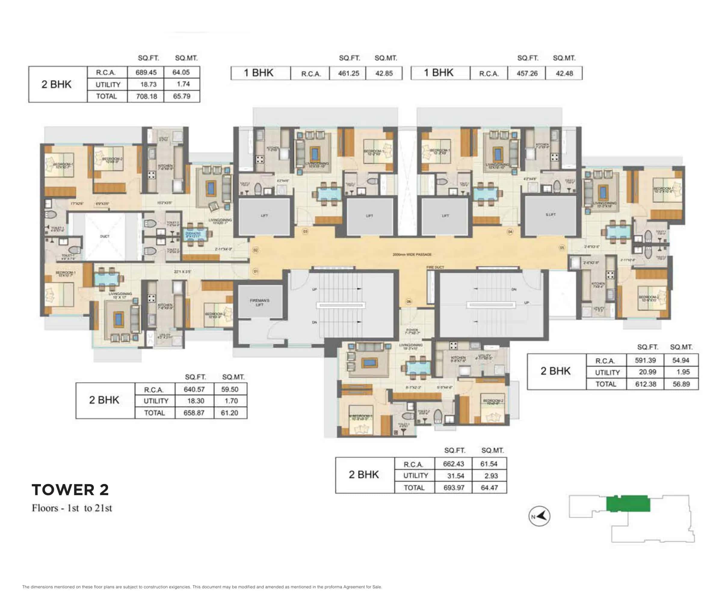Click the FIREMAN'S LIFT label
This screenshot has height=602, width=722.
[260, 303]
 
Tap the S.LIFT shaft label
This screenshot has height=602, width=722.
[551, 215]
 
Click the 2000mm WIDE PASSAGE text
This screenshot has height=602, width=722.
[412, 255]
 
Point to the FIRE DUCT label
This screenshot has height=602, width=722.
[435, 267]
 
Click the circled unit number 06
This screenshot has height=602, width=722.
[409, 301]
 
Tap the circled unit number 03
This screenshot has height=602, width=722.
[305, 231]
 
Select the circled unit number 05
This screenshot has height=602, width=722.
[562, 248]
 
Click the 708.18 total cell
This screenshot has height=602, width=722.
[147, 96]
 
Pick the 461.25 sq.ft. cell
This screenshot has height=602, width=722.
[348, 73]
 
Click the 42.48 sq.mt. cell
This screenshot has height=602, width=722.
[564, 73]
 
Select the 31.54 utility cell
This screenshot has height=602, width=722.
[455, 476]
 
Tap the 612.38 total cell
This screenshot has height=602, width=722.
[645, 384]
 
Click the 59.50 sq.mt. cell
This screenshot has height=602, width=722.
[230, 389]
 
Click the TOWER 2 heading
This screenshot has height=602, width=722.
[70, 489]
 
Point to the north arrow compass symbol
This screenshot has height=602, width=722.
[539, 516]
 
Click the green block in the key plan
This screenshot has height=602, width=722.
[628, 504]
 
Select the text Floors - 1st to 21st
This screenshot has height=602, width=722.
[72, 508]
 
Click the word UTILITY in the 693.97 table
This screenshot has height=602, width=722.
[415, 476]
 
